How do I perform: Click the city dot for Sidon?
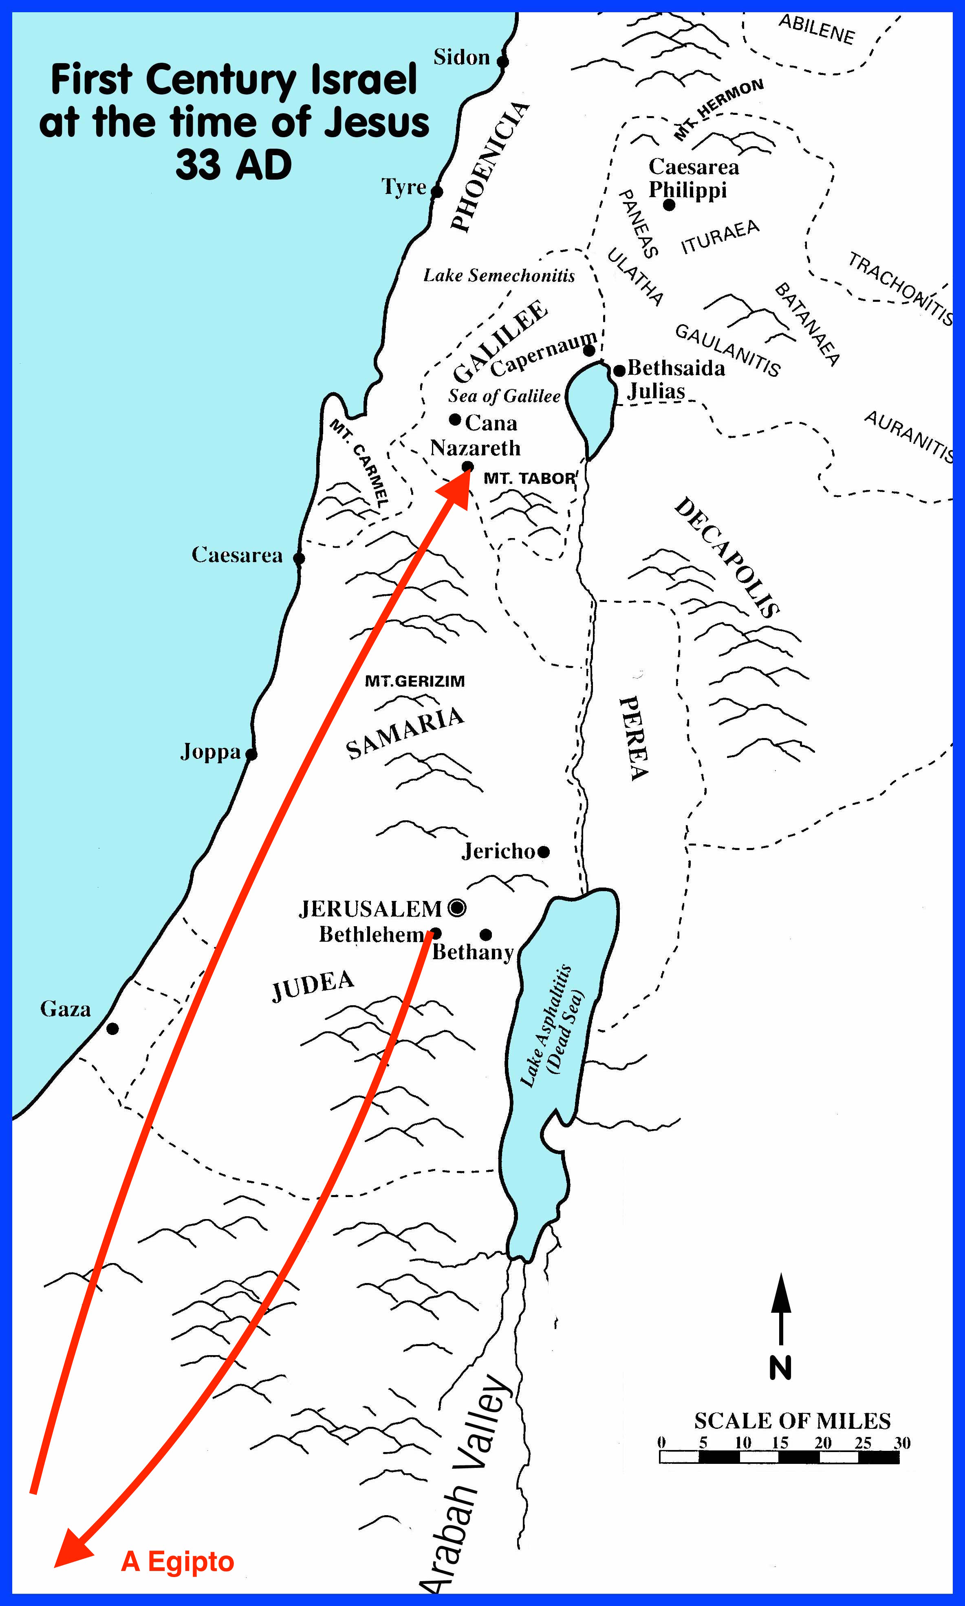502,62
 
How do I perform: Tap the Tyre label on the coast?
403,187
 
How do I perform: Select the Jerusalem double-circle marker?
457,907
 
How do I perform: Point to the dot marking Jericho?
544,851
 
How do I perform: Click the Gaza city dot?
112,1028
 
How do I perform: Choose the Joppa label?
210,752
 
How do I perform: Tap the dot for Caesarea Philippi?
669,205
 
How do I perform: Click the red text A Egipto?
178,1561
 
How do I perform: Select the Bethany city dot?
486,935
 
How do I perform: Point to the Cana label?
491,423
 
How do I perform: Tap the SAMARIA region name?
405,733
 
